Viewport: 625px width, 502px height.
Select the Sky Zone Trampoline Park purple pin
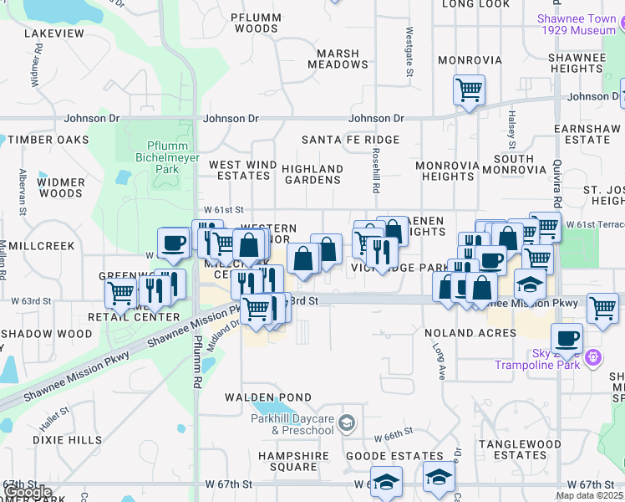tap(594, 358)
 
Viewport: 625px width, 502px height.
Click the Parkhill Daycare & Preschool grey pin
tap(347, 424)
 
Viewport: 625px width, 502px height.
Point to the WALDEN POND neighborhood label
tap(267, 397)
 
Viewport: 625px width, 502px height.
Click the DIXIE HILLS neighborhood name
tap(67, 439)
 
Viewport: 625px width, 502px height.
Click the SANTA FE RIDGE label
tap(350, 140)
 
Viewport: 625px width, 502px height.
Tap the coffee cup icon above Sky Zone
tap(567, 338)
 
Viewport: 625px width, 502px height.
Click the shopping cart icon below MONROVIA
tap(469, 89)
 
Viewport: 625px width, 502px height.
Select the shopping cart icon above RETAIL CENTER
tap(121, 294)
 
